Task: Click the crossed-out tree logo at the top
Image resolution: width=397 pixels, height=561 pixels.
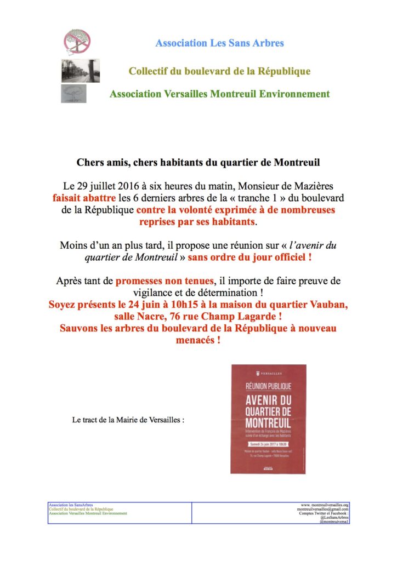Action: [x=77, y=41]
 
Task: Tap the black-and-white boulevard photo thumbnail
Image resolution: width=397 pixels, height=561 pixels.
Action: [x=80, y=71]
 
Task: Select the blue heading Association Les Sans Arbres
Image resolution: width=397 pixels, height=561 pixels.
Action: [x=219, y=43]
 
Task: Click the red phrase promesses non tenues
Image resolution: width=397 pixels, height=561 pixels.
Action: [x=163, y=281]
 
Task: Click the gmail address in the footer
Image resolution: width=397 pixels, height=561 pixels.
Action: [x=320, y=509]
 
